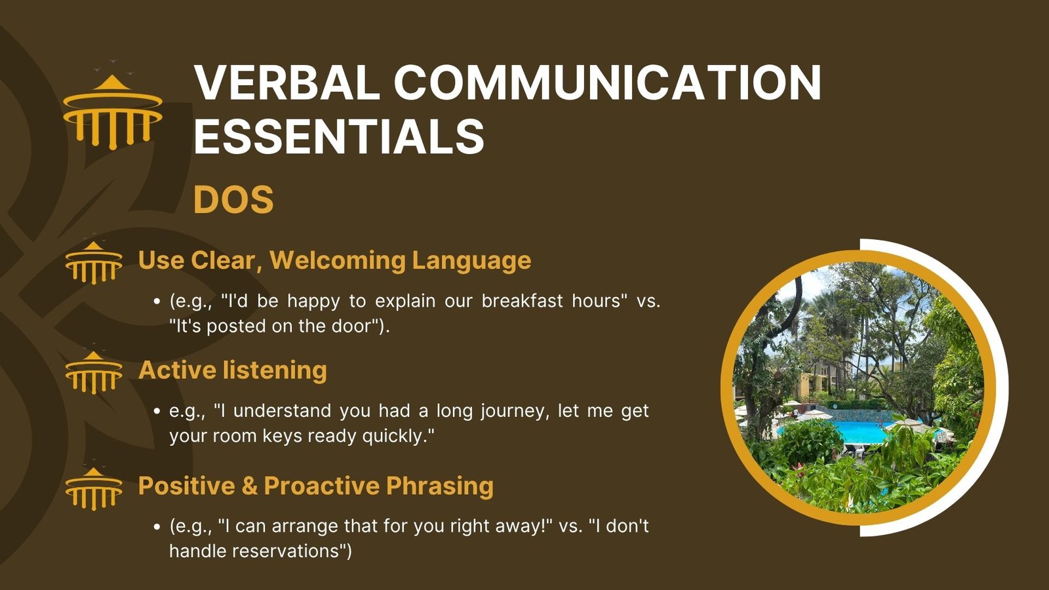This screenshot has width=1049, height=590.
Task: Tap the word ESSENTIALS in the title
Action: (x=339, y=136)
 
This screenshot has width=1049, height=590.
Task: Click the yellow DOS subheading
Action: (x=233, y=199)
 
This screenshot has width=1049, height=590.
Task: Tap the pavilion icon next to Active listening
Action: (x=94, y=372)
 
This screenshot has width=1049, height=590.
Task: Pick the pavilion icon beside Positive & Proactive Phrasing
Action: (x=94, y=488)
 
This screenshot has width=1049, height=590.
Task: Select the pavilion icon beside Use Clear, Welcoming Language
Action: (x=94, y=263)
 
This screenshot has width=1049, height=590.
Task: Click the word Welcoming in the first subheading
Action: (x=337, y=261)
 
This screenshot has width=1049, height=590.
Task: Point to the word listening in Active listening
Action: (x=275, y=370)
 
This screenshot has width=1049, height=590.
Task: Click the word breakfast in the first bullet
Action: (x=522, y=301)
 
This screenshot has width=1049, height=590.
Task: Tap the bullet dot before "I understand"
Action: (x=157, y=412)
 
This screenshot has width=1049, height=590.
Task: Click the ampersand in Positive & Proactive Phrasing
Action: (x=250, y=486)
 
